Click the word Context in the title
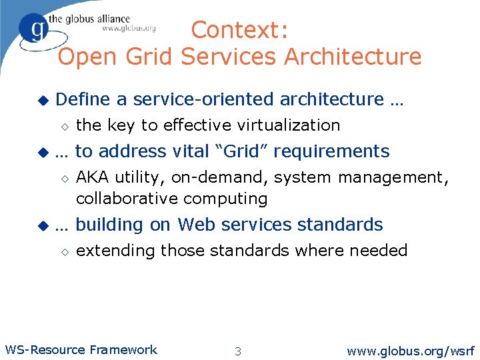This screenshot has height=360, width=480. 230,30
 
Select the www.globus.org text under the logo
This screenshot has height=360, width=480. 129,28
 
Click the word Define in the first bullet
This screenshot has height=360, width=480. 84,99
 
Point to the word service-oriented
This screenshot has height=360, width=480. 204,99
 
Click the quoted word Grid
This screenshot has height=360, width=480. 243,151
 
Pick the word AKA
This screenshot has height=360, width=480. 93,177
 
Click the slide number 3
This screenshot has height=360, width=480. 238,351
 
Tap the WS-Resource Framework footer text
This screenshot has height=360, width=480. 81,349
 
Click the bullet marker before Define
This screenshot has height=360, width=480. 43,100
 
